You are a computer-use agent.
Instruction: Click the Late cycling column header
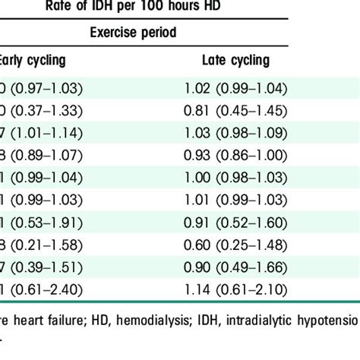(235, 60)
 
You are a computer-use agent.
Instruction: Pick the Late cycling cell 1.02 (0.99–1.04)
(235, 90)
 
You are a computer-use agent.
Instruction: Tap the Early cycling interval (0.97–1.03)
(47, 90)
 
